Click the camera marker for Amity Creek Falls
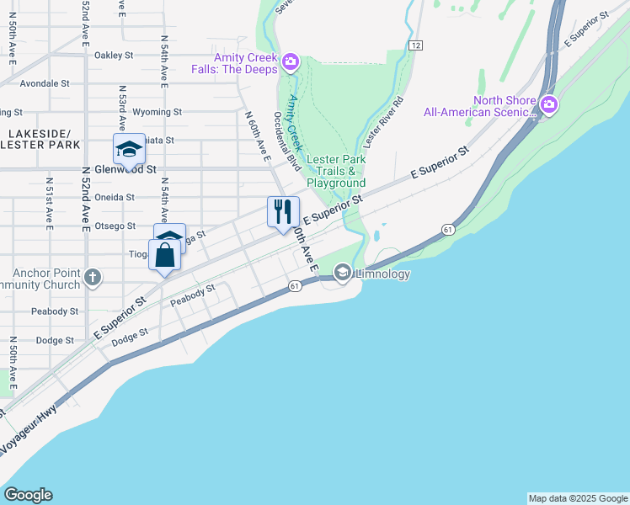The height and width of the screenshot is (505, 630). point(291,61)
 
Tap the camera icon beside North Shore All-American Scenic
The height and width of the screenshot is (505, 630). point(549,104)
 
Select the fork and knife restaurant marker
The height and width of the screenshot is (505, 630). point(283,211)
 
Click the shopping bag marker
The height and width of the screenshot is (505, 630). point(165,254)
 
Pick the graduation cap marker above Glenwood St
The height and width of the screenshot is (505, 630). point(129,149)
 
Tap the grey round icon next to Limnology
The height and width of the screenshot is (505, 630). point(343,273)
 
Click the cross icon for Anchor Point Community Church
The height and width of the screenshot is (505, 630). point(93,276)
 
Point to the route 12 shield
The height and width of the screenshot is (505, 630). point(415,45)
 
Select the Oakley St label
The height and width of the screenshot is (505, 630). point(115,56)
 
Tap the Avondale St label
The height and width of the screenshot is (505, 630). point(45,84)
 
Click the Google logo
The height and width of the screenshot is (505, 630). point(28,495)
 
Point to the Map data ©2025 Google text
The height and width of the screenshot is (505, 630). point(577,498)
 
